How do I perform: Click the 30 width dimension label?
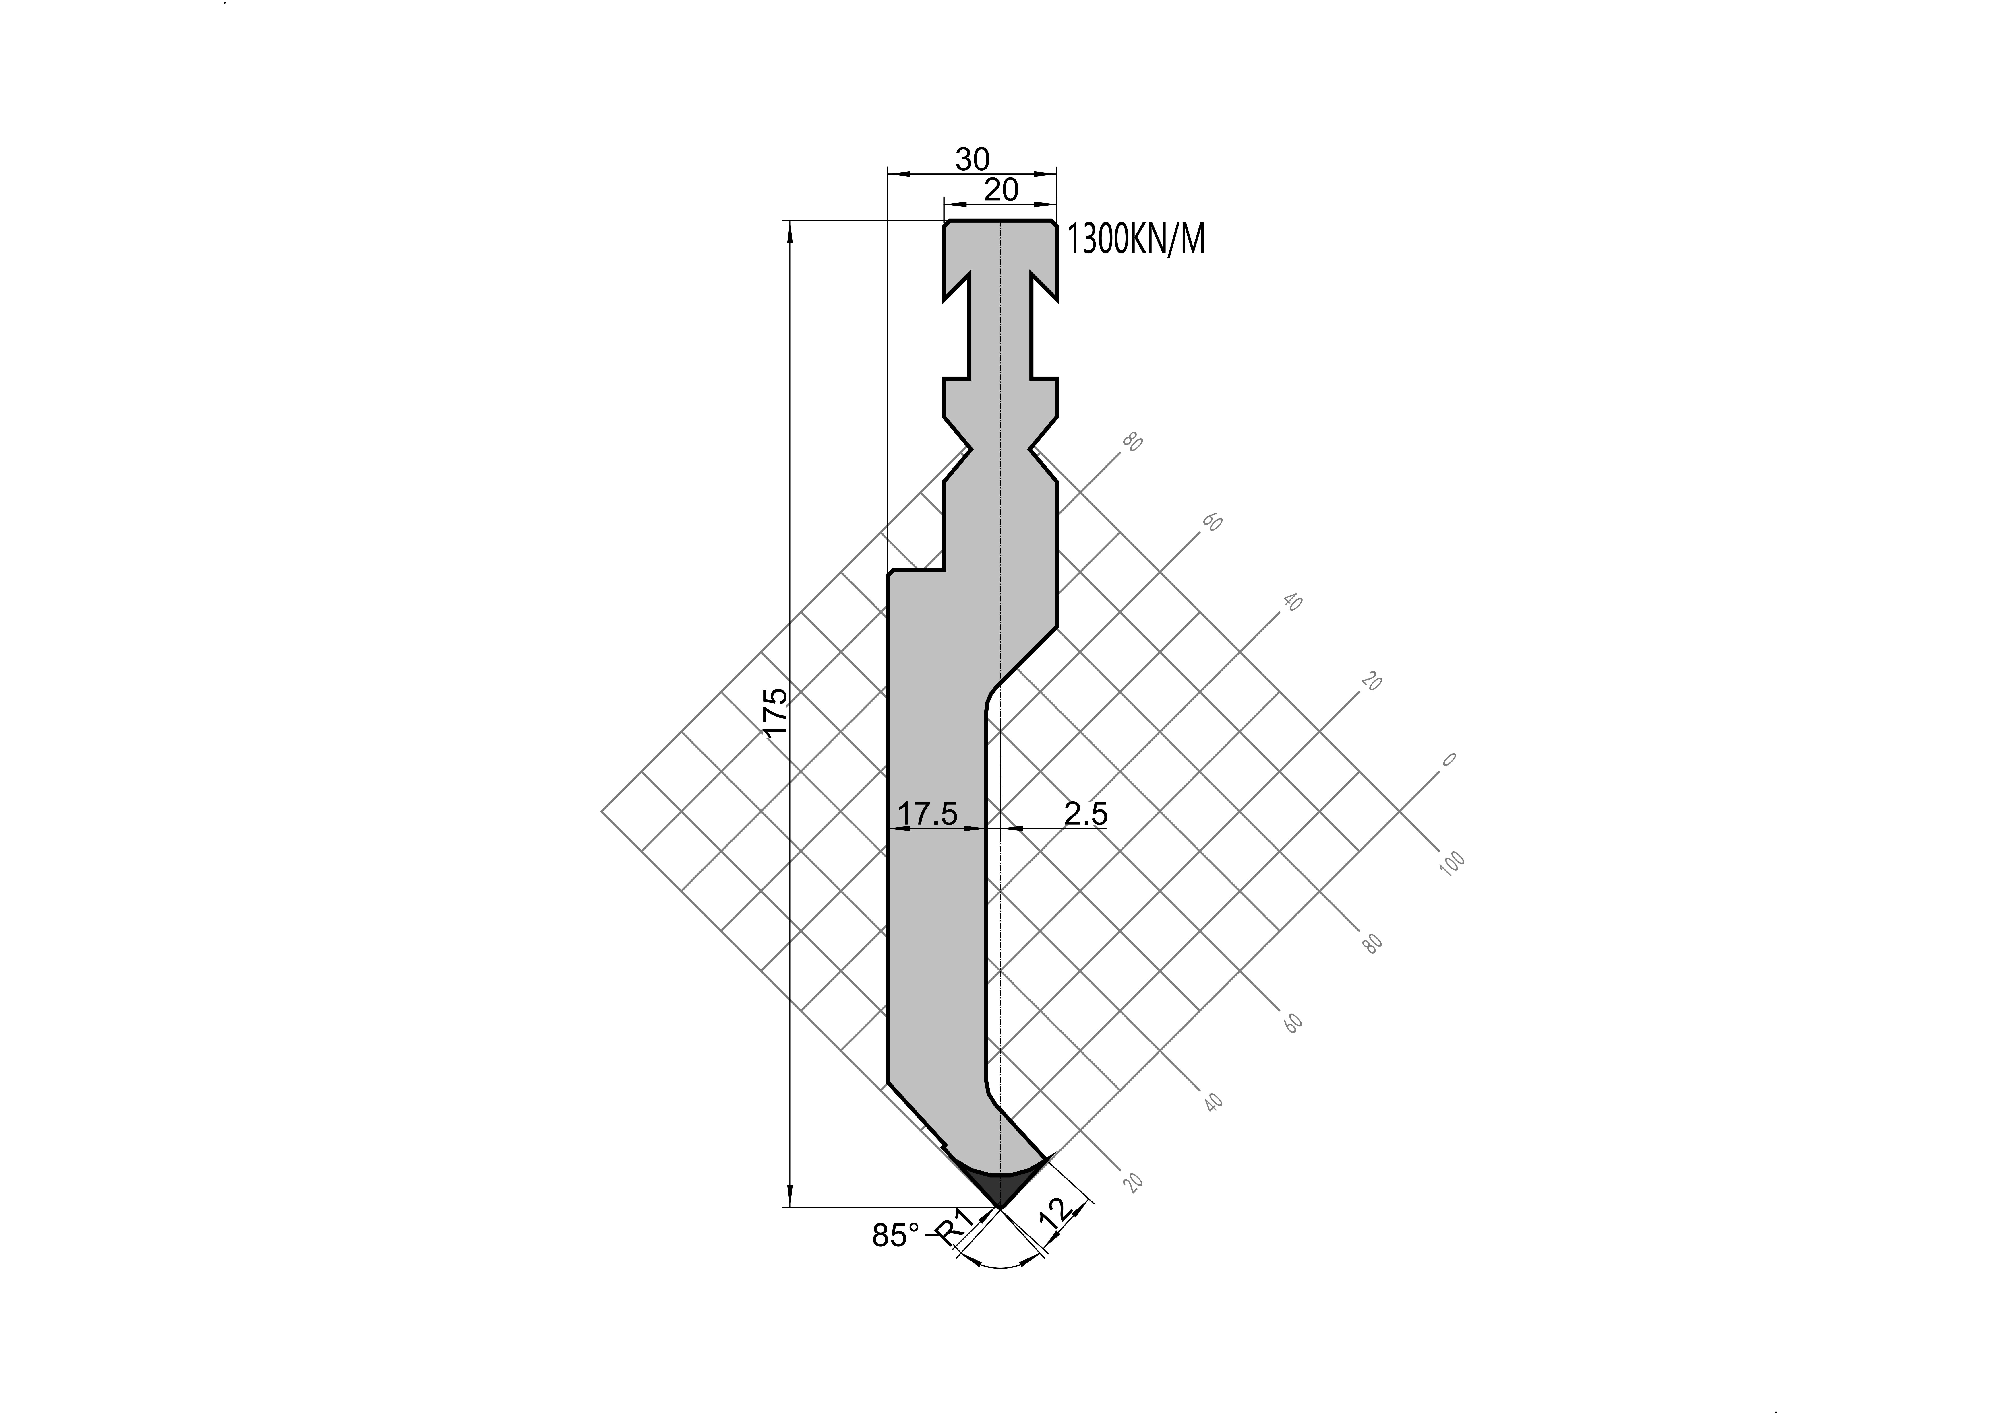point(973,159)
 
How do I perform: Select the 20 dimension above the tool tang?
point(1001,189)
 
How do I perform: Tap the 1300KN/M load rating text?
point(1136,240)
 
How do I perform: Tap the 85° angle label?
point(896,1236)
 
